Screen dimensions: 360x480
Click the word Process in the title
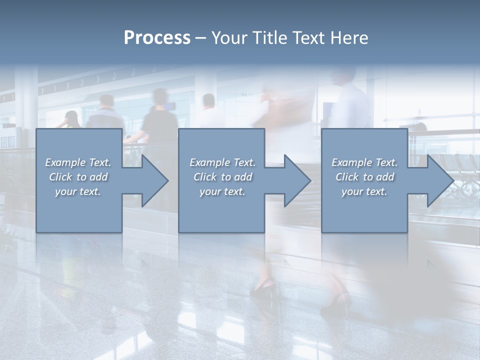[157, 38]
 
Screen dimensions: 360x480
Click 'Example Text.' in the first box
[78, 162]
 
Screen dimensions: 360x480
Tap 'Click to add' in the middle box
[222, 177]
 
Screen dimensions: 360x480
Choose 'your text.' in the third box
[364, 191]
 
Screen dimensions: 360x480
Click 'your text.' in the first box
[78, 191]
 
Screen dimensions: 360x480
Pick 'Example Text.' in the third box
[364, 162]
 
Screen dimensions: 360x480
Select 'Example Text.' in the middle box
[222, 162]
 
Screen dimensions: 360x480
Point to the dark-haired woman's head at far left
[72, 118]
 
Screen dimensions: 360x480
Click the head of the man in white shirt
[208, 101]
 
